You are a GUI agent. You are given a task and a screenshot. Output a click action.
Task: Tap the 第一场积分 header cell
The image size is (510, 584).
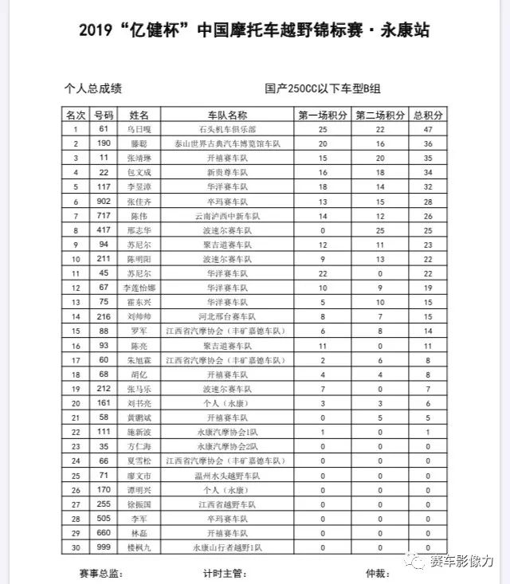[323, 115]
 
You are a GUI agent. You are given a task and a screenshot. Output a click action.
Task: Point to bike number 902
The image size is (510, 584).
[104, 202]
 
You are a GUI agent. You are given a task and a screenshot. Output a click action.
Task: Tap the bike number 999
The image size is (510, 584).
[104, 548]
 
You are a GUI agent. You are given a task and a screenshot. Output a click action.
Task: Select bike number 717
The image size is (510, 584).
[104, 216]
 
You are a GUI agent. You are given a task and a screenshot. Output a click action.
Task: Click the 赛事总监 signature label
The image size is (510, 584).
[100, 573]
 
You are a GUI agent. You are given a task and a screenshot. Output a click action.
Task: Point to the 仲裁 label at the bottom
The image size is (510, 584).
[375, 573]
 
